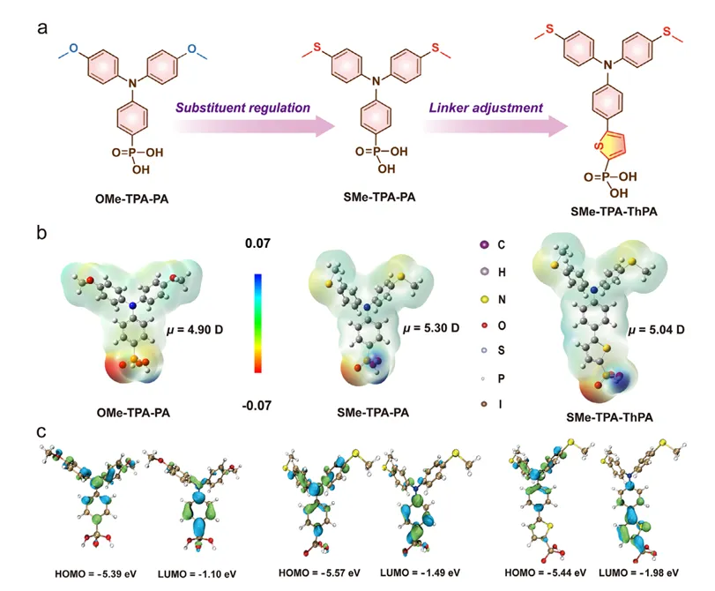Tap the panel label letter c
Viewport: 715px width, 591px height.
pyautogui.click(x=41, y=432)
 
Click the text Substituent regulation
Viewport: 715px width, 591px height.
pyautogui.click(x=242, y=108)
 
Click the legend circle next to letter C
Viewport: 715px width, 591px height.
pyautogui.click(x=484, y=244)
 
